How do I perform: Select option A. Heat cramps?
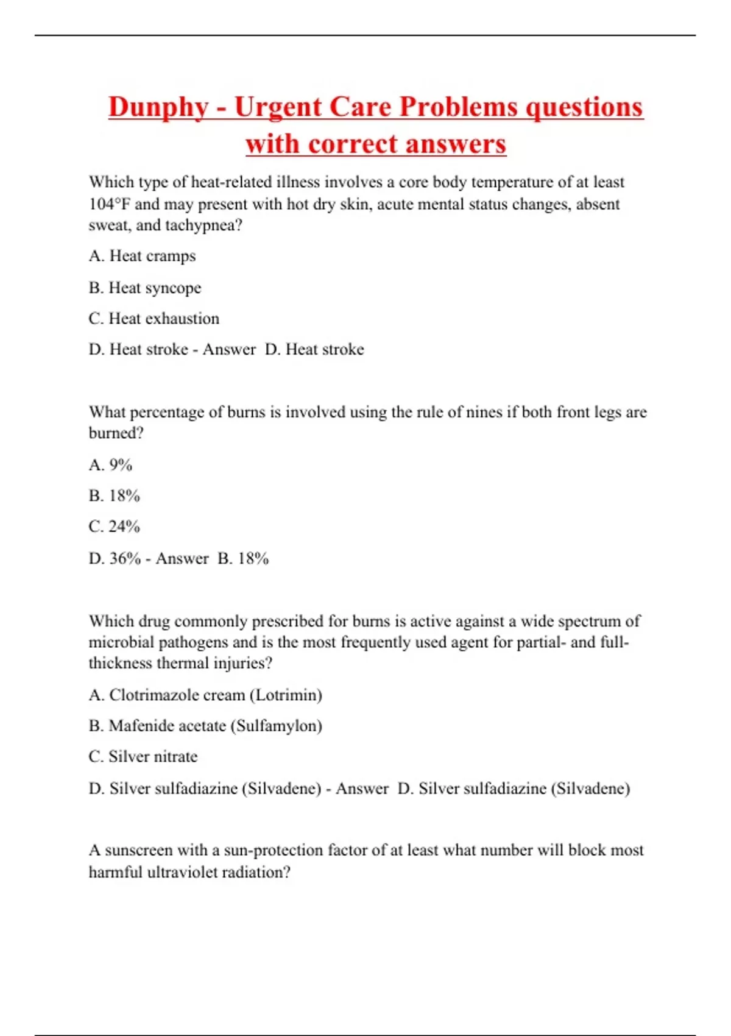(142, 256)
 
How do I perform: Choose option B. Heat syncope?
(144, 288)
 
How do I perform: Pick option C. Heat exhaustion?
(154, 319)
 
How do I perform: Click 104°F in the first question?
(110, 204)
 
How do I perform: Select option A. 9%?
(110, 465)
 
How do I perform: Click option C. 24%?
(114, 527)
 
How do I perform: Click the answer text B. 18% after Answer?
(243, 558)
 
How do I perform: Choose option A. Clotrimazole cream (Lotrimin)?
(205, 695)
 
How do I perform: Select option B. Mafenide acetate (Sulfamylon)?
(205, 726)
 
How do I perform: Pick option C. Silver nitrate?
(143, 757)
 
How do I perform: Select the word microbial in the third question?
(121, 642)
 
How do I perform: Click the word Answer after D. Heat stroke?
(229, 350)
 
